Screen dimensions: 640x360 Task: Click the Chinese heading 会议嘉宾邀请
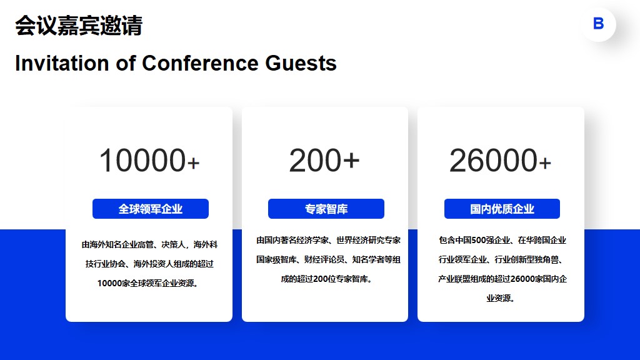(79, 26)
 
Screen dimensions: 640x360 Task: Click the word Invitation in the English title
(62, 63)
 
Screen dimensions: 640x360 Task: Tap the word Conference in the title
(200, 63)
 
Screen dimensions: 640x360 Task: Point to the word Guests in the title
(301, 63)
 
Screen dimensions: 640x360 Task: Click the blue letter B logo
(598, 24)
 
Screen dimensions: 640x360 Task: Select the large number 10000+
(149, 161)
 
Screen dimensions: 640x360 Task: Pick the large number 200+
(324, 161)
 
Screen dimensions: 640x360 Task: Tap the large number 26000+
(501, 161)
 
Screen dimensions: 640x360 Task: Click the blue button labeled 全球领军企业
(151, 209)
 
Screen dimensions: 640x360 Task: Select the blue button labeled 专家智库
(326, 209)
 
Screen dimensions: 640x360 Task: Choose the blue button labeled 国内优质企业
(502, 209)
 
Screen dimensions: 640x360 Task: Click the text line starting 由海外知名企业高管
(149, 244)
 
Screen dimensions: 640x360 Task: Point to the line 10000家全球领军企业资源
(147, 283)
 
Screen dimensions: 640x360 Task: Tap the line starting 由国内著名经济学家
(328, 240)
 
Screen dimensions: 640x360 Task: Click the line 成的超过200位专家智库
(326, 279)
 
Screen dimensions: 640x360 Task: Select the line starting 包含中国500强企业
(502, 240)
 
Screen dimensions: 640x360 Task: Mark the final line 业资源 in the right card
(501, 298)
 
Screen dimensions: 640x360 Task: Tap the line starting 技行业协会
(149, 264)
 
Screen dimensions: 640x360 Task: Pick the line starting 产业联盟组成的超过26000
(502, 279)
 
